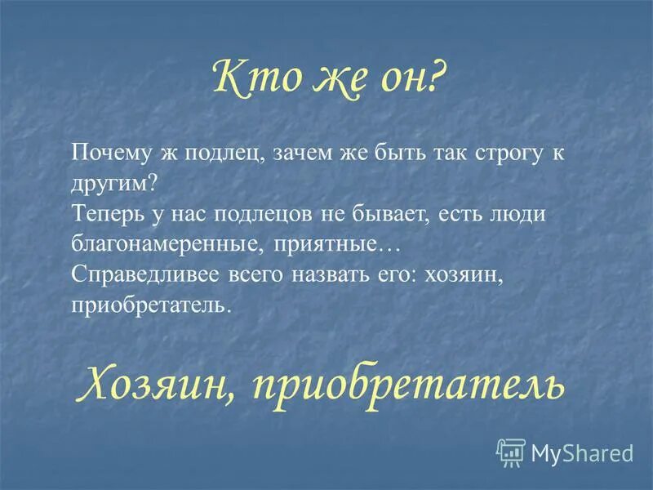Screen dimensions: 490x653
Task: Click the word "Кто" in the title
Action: tap(244, 79)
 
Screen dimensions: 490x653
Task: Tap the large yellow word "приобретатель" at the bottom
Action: tap(407, 381)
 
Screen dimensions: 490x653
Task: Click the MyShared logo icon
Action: tap(512, 452)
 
